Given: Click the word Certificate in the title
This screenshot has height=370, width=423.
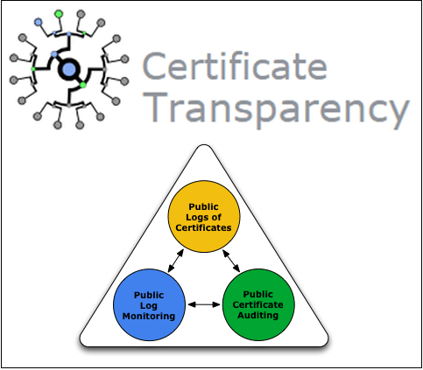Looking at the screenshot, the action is [x=235, y=66].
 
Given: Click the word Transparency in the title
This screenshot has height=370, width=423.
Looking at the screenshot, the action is [x=278, y=108].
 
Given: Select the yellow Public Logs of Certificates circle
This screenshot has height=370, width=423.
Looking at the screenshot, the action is [x=204, y=216].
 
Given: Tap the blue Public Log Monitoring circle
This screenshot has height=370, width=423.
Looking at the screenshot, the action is [x=149, y=305].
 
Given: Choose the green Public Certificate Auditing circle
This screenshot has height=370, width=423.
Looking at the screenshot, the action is [x=258, y=304].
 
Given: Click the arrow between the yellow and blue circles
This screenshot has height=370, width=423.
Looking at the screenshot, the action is [x=176, y=261].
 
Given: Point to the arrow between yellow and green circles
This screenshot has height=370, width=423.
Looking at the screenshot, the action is [x=231, y=261].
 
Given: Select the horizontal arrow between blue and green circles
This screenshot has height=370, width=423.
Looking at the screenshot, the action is [x=204, y=304].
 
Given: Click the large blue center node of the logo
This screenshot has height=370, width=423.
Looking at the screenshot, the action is [x=69, y=69].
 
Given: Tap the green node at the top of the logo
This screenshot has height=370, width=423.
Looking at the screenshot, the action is [x=59, y=14].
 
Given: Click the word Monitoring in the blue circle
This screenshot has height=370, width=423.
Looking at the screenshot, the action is [x=149, y=317].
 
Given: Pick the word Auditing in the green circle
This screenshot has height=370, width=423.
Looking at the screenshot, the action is [x=257, y=316].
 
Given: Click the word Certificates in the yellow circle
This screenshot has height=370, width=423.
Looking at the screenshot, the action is [x=203, y=227].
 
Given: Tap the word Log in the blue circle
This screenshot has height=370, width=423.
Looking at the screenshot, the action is [x=149, y=306].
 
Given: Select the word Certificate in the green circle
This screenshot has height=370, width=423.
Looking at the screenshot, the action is [x=258, y=305].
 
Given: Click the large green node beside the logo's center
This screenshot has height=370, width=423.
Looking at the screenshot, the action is [x=83, y=85].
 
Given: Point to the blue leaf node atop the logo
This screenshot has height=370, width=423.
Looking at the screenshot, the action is [x=39, y=22].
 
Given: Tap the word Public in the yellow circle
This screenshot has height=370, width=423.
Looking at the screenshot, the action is [x=203, y=207].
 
